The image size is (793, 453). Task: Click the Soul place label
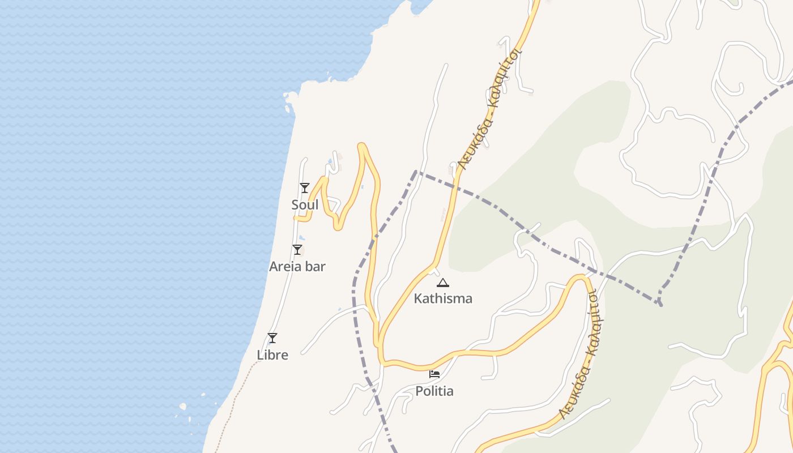[x=305, y=205]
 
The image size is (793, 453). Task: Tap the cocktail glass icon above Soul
[x=305, y=187]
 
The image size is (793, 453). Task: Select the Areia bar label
[x=297, y=267]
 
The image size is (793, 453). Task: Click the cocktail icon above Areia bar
[x=297, y=250]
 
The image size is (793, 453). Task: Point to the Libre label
[x=272, y=355]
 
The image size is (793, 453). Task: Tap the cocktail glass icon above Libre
[x=272, y=338]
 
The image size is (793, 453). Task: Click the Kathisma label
[x=443, y=298]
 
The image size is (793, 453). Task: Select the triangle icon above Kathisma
[x=443, y=283]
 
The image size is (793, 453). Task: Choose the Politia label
[x=434, y=391]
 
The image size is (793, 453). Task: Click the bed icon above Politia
[x=434, y=374]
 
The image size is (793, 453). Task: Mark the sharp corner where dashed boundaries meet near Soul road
[x=416, y=171]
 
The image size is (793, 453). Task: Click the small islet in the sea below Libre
[x=183, y=406]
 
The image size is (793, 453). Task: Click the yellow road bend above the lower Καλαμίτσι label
[x=581, y=277]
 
